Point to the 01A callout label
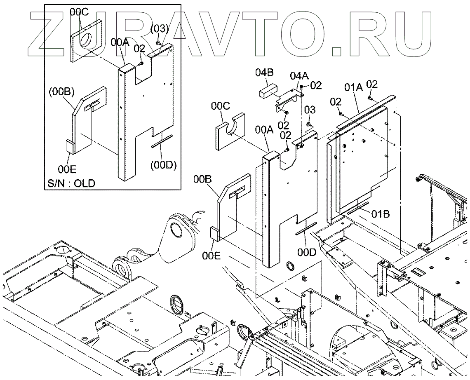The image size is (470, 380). [x=353, y=88]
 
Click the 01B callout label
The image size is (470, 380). [x=381, y=213]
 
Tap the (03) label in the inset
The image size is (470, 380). [x=160, y=29]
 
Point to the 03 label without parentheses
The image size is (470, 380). [x=310, y=109]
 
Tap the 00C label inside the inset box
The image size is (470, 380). [x=79, y=12]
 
